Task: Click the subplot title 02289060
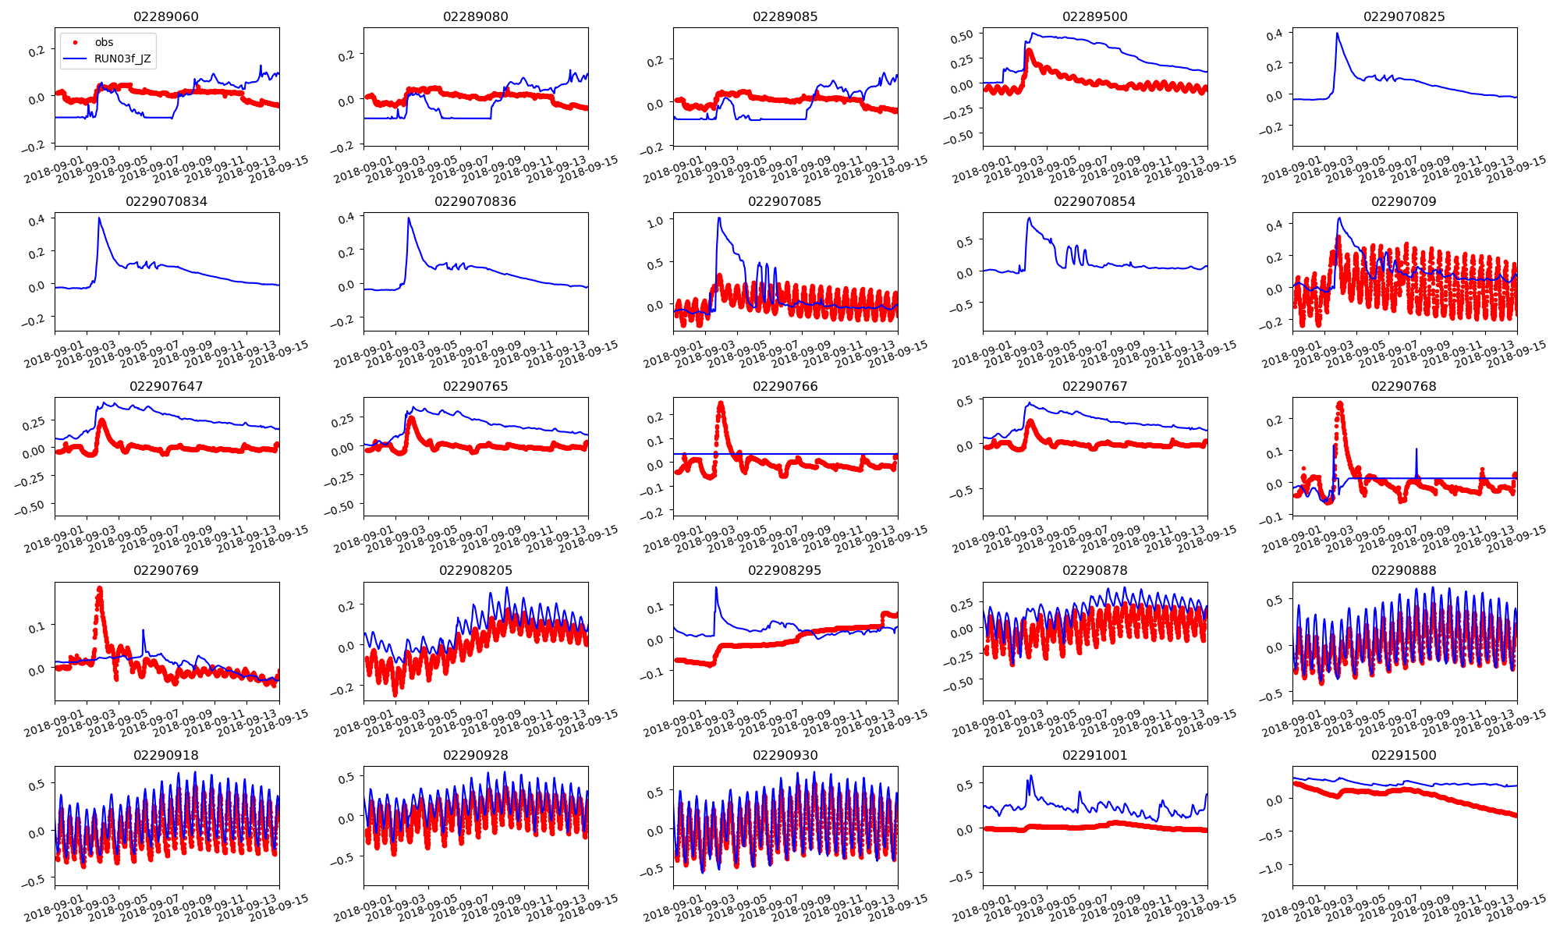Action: (x=166, y=16)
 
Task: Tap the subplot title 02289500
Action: (x=1094, y=16)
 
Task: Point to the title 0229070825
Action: (x=1404, y=16)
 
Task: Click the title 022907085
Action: (x=785, y=201)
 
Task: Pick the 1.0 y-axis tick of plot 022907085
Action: (x=655, y=221)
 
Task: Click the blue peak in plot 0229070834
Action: (x=99, y=218)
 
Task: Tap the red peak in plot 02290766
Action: (x=721, y=403)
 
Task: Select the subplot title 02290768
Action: (x=1404, y=386)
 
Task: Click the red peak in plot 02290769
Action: (x=99, y=589)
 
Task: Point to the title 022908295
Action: (x=785, y=570)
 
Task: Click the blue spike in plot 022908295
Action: (x=715, y=588)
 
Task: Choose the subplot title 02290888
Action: (x=1404, y=570)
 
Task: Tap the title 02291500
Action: (x=1404, y=755)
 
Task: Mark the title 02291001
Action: (x=1094, y=755)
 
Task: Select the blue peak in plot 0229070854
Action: (x=1029, y=218)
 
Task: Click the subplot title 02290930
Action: (x=785, y=755)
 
